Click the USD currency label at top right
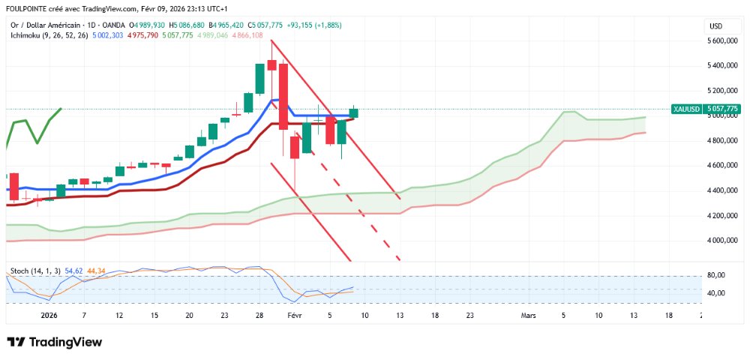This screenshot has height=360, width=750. pos(715,26)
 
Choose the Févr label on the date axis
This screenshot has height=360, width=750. pos(293,316)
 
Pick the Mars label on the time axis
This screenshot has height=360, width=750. pos(529,316)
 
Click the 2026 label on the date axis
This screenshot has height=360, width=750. pos(48,316)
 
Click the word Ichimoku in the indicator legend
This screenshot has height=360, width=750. pos(28,35)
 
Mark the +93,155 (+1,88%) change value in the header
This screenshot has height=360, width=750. pos(313,25)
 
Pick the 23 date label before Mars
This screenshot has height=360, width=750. pos(469,316)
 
